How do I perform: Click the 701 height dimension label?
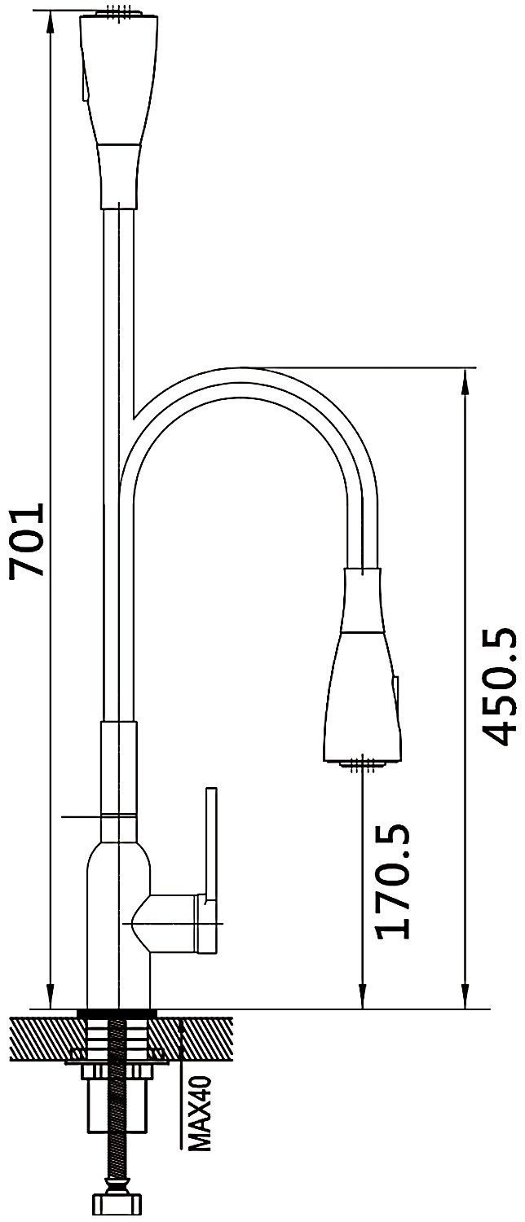tap(25, 539)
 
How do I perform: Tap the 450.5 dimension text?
tap(500, 687)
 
